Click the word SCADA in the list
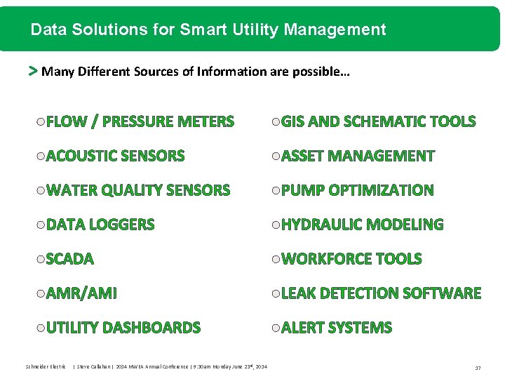click(x=69, y=259)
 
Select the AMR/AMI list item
click(x=81, y=293)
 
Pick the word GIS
click(x=292, y=121)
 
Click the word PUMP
click(x=303, y=190)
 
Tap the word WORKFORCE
click(x=327, y=259)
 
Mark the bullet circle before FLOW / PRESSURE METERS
click(x=40, y=122)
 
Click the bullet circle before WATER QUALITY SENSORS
click(x=40, y=191)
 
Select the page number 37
click(x=478, y=367)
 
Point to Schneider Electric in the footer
click(x=46, y=366)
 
